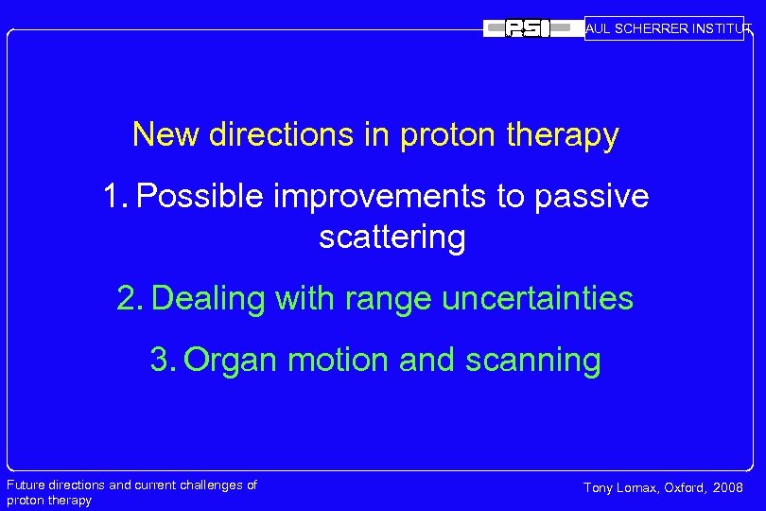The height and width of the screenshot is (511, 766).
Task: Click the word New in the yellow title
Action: tap(165, 134)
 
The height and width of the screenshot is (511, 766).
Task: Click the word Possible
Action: tap(200, 196)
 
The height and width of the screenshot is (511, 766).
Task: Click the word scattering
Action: tap(392, 238)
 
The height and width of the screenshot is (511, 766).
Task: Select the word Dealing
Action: tap(208, 299)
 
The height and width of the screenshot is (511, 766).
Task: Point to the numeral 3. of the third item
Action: tap(163, 361)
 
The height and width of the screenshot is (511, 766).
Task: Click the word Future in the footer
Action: tap(26, 485)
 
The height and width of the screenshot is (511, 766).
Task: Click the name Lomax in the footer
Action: tap(639, 488)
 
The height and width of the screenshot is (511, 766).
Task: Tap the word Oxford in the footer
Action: tap(687, 488)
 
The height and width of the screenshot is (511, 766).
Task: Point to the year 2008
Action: tap(728, 488)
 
